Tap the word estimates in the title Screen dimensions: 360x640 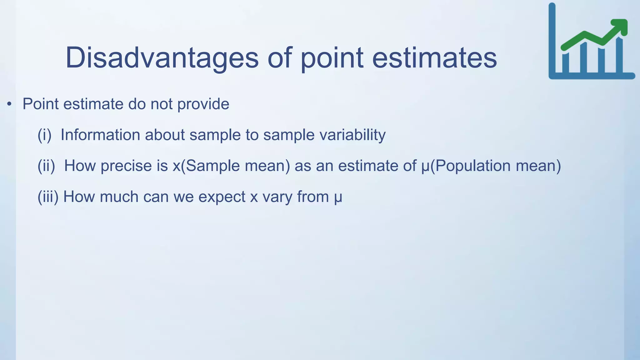(434, 58)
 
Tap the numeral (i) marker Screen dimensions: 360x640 (44, 135)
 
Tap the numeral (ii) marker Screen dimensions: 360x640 (46, 166)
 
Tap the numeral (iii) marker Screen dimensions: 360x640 (48, 197)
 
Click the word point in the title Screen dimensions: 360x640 (332, 58)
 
